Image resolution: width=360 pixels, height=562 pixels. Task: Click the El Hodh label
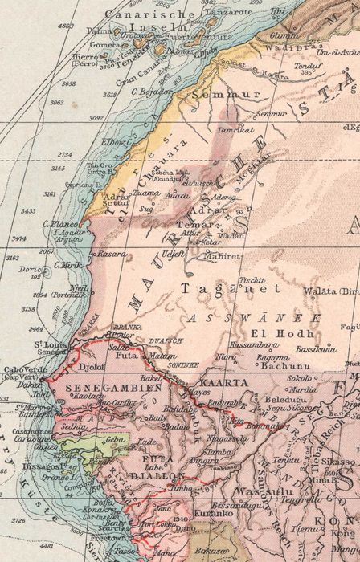coord(268,332)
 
